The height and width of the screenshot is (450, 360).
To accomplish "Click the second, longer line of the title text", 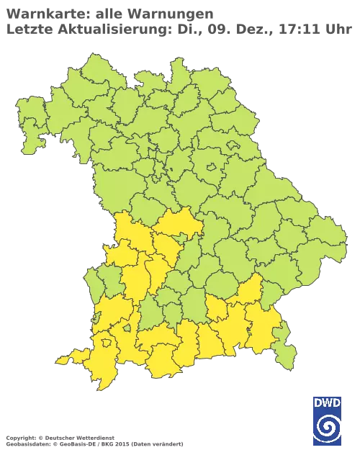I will [x=180, y=29].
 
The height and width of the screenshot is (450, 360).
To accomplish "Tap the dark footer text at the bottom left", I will [x=94, y=438].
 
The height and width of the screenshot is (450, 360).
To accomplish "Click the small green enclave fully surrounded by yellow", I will [x=127, y=328].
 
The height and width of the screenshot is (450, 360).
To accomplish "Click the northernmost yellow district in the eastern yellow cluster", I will [x=248, y=291].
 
